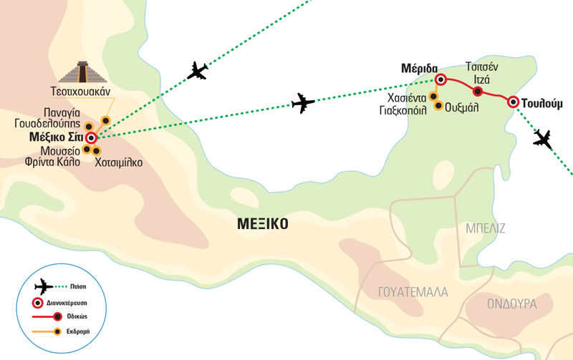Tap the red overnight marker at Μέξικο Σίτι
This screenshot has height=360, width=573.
[91, 138]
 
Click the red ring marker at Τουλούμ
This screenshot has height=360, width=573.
[513, 102]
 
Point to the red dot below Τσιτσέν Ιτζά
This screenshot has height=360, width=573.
[478, 91]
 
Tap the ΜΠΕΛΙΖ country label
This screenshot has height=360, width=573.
[485, 228]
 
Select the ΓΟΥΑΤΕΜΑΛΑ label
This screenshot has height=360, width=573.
[413, 292]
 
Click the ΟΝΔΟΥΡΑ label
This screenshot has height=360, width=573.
[512, 303]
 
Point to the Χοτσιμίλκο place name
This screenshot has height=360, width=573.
[118, 162]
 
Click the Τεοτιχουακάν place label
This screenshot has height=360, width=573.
[84, 92]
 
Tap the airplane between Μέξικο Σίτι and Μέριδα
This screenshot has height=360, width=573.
[304, 104]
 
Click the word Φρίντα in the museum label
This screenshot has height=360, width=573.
[49, 162]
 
